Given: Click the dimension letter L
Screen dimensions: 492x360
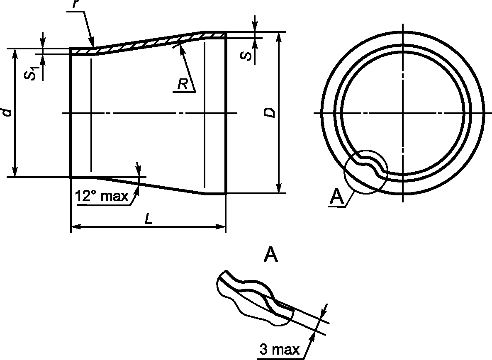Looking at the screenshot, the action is click(x=149, y=219).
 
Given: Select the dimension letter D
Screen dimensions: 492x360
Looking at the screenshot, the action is click(x=269, y=113).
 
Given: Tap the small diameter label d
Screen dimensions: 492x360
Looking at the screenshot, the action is click(x=7, y=112).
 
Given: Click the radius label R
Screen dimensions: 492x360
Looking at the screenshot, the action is click(x=182, y=84).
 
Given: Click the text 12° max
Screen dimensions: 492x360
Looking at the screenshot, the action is click(x=102, y=196).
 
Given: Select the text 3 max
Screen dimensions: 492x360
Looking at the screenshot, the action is click(x=280, y=349).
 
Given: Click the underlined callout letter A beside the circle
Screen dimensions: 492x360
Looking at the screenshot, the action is click(x=337, y=197).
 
